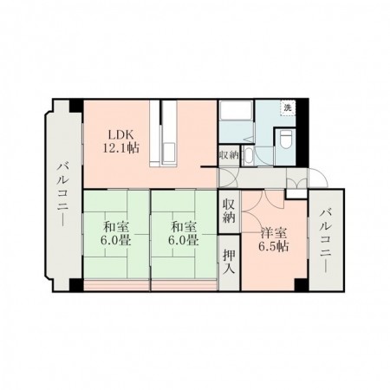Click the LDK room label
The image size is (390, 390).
(120, 135)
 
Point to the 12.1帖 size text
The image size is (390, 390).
(120, 148)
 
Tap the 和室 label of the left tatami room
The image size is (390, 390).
(116, 227)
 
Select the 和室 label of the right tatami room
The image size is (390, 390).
(184, 227)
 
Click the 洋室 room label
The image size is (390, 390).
(274, 233)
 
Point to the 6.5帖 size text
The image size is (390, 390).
(273, 246)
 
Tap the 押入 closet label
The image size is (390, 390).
(229, 262)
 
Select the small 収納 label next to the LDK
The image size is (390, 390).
(229, 155)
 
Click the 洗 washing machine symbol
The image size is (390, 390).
(288, 108)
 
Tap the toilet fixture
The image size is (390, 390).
(285, 139)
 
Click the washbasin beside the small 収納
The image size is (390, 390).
(248, 156)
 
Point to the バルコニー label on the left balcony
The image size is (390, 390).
(63, 195)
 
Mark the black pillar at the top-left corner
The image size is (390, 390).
(76, 106)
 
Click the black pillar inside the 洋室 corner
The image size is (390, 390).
(301, 285)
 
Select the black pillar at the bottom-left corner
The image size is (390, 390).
(76, 285)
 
